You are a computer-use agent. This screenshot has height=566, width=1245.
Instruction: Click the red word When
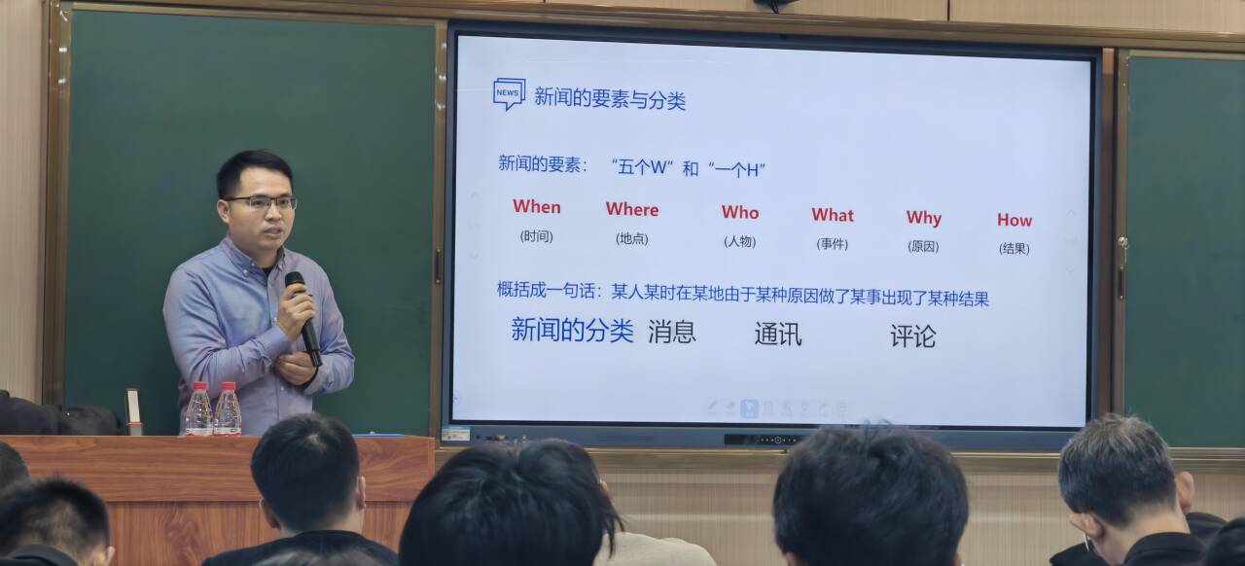click(537, 206)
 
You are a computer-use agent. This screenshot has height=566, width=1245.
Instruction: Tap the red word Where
click(632, 209)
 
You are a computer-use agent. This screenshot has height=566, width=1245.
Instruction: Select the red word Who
click(740, 212)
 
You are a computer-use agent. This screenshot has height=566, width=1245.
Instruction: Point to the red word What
click(833, 215)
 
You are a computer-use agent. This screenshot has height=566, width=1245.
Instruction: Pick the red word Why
click(924, 218)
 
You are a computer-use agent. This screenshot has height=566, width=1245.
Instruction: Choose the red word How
click(1014, 220)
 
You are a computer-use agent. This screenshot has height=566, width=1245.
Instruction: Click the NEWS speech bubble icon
click(509, 93)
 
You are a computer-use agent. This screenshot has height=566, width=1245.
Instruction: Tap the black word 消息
click(672, 332)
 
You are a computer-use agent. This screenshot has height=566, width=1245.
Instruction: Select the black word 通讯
click(778, 335)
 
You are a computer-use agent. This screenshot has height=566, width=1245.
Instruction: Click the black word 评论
click(913, 336)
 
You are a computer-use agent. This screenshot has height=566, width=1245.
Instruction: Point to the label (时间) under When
click(536, 236)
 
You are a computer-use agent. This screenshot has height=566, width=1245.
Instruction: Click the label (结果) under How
click(1014, 249)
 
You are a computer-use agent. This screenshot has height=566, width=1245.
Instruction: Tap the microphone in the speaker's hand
click(302, 319)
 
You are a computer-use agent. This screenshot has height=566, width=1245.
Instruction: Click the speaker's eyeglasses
click(263, 202)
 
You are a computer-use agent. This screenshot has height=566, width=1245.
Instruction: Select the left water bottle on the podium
click(199, 408)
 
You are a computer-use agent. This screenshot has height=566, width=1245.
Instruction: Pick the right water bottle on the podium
click(228, 408)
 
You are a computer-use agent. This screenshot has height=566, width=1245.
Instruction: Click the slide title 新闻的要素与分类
click(610, 99)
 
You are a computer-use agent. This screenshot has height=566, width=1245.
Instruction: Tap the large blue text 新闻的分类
click(572, 330)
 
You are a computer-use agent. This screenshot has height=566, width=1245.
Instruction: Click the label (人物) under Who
click(740, 241)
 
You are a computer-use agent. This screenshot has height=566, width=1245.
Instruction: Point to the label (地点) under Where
click(632, 238)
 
